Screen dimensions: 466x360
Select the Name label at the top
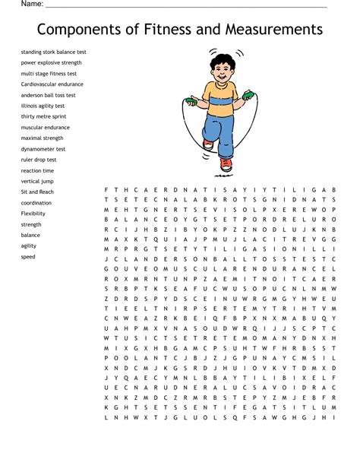pyautogui.click(x=31, y=4)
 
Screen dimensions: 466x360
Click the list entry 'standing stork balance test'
pyautogui.click(x=54, y=52)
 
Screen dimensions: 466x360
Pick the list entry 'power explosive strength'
pyautogui.click(x=52, y=62)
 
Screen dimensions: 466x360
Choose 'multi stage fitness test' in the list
pyautogui.click(x=49, y=74)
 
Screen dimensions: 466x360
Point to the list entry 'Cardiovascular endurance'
pyautogui.click(x=52, y=84)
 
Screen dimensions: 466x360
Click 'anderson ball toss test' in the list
pyautogui.click(x=49, y=95)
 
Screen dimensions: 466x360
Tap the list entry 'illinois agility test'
pyautogui.click(x=46, y=106)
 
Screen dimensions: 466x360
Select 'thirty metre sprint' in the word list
pyautogui.click(x=44, y=116)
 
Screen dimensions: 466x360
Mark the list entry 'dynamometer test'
pyautogui.click(x=43, y=149)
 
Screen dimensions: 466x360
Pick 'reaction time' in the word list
pyautogui.click(x=37, y=170)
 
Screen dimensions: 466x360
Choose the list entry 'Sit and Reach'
pyautogui.click(x=37, y=192)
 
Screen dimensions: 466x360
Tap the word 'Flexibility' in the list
pyautogui.click(x=33, y=214)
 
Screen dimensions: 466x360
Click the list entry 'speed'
pyautogui.click(x=28, y=257)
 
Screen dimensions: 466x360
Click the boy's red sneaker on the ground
pyautogui.click(x=226, y=163)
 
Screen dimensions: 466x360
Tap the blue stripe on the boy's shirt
pyautogui.click(x=220, y=100)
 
